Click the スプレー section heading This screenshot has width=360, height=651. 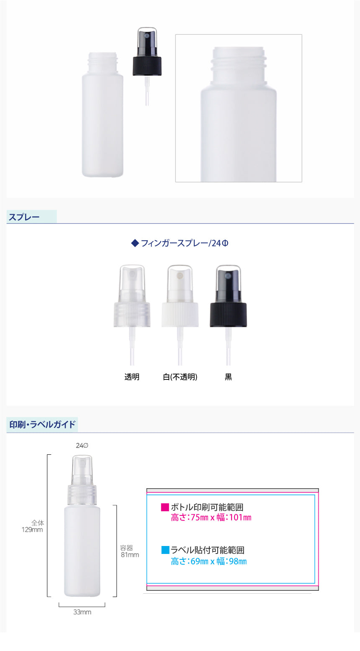[24, 217]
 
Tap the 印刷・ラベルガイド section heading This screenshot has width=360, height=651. [42, 425]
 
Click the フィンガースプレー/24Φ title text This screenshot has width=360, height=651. [184, 243]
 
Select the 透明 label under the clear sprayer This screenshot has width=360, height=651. [132, 377]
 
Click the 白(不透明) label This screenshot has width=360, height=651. [180, 377]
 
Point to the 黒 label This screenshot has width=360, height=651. [228, 377]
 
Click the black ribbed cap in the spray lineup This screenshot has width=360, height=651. [228, 315]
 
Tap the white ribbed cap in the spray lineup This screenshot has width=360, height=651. [180, 315]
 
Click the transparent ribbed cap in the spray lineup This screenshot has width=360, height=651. [132, 315]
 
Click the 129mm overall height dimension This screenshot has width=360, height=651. [32, 530]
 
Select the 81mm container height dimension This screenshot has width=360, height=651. [130, 555]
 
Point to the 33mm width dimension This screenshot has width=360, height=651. [82, 612]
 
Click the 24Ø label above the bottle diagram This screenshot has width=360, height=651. [82, 446]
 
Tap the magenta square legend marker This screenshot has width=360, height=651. [165, 507]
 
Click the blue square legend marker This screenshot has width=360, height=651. [165, 550]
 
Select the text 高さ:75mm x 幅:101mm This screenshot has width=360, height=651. [211, 518]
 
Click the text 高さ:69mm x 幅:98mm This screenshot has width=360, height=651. [209, 561]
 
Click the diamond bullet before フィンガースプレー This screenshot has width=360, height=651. [135, 243]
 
